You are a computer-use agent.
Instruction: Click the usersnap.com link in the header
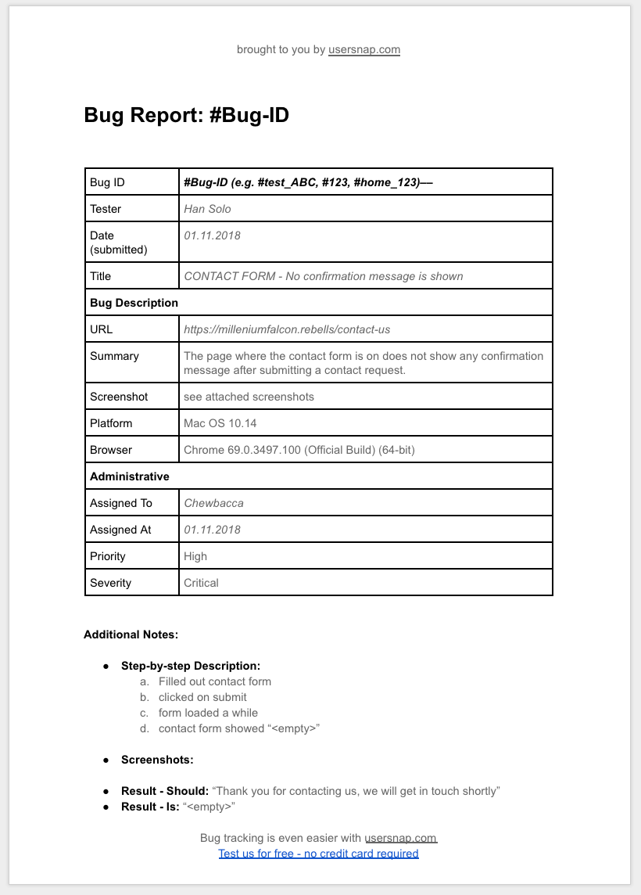363,49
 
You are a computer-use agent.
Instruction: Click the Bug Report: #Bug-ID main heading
186,116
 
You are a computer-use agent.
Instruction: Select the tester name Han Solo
207,209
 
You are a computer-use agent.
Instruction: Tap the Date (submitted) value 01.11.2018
212,235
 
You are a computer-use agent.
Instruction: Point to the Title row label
101,276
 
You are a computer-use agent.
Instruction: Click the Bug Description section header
134,303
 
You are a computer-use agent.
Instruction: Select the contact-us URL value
286,329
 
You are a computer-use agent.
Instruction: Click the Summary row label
114,356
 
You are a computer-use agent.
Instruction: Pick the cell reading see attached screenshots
249,397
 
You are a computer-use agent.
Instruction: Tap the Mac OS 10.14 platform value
220,423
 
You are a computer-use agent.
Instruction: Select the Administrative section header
129,476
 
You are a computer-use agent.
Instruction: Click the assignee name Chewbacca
213,503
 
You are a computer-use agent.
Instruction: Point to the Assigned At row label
120,530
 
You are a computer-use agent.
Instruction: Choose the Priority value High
195,556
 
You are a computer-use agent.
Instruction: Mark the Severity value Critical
201,583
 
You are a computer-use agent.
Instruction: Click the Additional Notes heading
131,634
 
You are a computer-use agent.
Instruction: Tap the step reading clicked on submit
202,697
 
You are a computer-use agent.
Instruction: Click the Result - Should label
164,791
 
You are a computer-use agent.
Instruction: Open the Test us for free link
318,854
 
